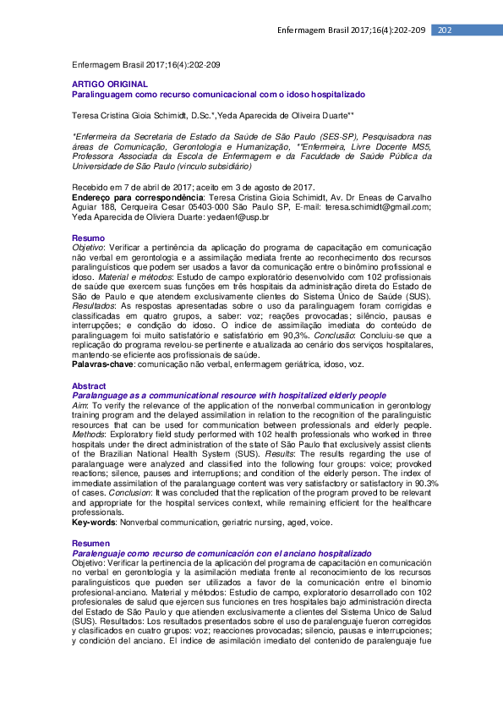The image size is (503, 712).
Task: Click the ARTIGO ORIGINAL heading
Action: pyautogui.click(x=110, y=85)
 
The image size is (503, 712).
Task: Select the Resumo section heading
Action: pyautogui.click(x=88, y=238)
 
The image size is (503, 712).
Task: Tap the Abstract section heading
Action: pyautogui.click(x=90, y=386)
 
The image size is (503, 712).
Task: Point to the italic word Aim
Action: pyautogui.click(x=79, y=405)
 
